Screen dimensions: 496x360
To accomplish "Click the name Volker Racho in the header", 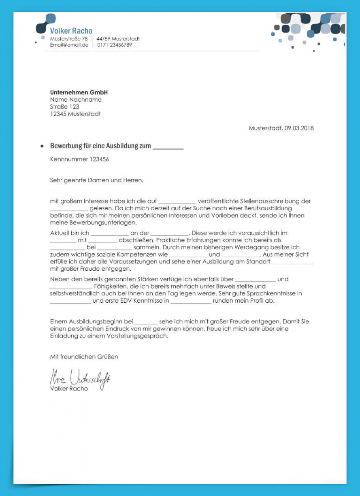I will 71,31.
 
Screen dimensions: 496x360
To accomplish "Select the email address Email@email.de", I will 69,45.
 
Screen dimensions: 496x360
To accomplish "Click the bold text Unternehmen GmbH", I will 79,92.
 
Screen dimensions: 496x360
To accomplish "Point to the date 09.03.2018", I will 299,128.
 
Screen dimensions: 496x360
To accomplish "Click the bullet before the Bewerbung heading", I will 42,146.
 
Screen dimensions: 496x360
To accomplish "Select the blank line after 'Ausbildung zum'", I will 168,147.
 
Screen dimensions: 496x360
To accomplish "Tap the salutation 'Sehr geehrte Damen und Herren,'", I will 96,180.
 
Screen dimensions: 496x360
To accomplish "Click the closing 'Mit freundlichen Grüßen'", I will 84,357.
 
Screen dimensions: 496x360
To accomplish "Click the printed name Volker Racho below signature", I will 69,389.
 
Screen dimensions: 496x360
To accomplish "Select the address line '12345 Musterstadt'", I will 75,114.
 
